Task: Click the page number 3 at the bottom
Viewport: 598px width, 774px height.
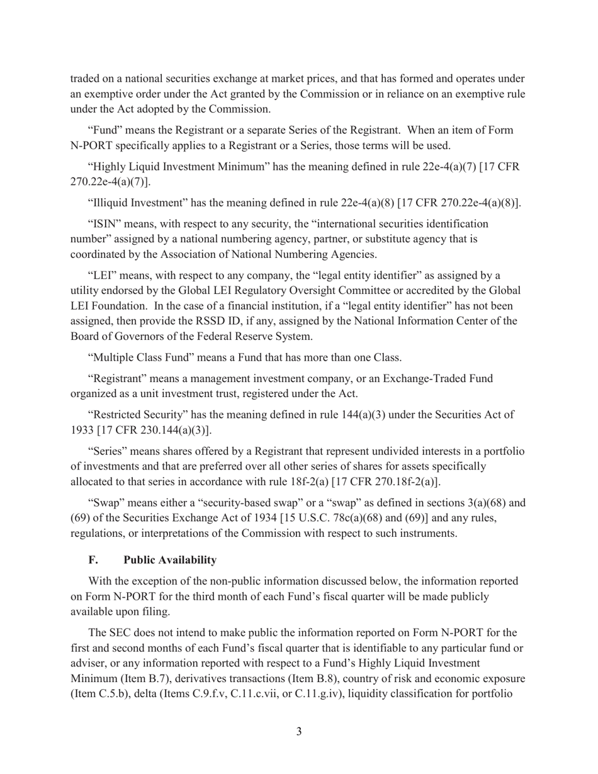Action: click(x=298, y=731)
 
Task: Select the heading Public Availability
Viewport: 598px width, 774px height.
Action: click(x=170, y=559)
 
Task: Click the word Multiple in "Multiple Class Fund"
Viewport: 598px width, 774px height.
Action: click(x=115, y=357)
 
